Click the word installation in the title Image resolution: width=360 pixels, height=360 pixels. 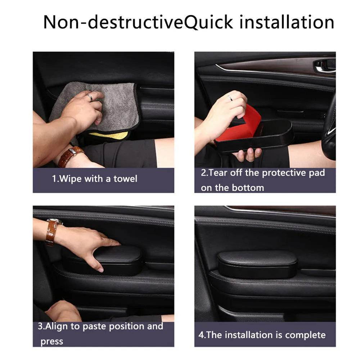click(287, 22)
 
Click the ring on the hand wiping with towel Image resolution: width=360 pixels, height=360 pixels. click(89, 98)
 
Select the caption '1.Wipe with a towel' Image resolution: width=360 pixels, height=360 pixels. click(94, 179)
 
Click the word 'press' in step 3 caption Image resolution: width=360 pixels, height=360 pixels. click(51, 341)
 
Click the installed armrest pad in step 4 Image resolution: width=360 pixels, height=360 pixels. click(257, 264)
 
